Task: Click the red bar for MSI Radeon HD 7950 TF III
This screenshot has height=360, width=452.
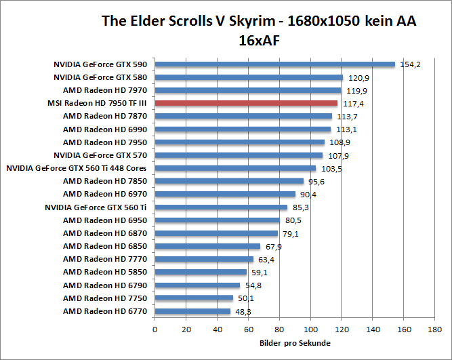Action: coord(246,103)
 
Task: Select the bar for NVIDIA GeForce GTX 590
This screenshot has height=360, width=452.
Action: coord(274,64)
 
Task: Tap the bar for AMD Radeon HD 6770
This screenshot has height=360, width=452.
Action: coord(192,311)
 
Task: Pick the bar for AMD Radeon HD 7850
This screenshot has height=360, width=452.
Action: coord(229,181)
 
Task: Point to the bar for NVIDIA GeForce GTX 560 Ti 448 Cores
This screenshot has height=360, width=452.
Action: coord(235,168)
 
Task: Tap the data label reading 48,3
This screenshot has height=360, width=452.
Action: coord(242,312)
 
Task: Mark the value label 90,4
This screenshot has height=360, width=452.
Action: coord(308,195)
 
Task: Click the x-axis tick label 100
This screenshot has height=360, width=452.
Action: coord(310,330)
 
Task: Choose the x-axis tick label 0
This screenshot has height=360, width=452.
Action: coord(155,330)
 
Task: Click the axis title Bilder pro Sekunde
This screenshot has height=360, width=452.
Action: coord(295,344)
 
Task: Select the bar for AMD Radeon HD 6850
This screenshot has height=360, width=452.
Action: coord(207,246)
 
